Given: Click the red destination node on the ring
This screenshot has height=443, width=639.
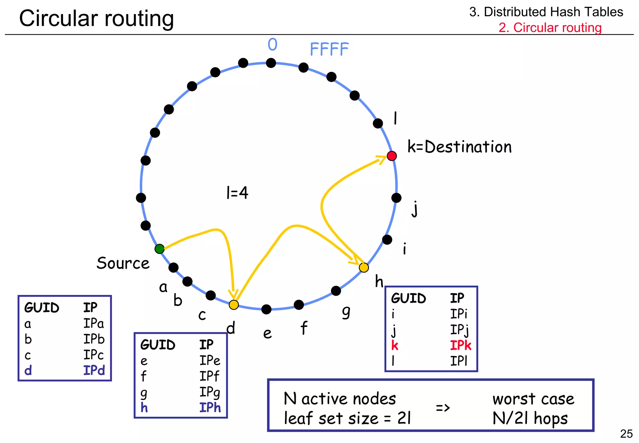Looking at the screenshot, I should click(x=392, y=156).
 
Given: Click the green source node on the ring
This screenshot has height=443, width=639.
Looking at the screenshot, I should click(x=159, y=249).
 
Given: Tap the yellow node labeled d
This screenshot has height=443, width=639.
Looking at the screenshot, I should click(x=234, y=305).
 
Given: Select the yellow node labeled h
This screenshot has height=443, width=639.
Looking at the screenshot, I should click(x=364, y=267).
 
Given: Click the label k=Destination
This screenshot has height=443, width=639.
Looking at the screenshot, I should click(x=459, y=147).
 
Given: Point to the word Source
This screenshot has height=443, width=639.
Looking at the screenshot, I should click(x=123, y=263).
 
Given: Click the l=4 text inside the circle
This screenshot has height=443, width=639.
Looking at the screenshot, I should click(x=237, y=192).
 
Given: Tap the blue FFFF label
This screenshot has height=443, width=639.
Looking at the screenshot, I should click(x=329, y=49).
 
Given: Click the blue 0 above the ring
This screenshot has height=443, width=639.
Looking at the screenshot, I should click(x=272, y=45).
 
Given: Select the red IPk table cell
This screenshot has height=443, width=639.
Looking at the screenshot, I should click(x=460, y=346).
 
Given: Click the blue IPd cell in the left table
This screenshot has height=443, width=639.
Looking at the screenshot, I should click(x=94, y=371).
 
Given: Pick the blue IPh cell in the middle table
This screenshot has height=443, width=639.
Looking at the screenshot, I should click(x=210, y=408).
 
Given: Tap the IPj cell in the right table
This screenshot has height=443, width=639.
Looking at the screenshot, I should click(x=459, y=330).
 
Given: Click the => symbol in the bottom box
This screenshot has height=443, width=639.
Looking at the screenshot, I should click(x=443, y=408).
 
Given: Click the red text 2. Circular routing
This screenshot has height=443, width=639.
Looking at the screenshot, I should click(x=550, y=27).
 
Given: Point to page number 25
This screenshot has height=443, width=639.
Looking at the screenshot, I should click(x=626, y=434).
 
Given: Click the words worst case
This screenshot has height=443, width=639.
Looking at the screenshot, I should click(x=533, y=399).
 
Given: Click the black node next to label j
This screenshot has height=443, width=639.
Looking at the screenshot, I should click(x=396, y=197).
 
